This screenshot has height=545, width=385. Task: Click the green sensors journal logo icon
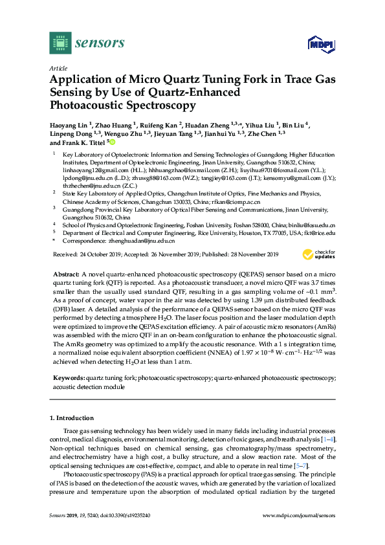pos(60,43)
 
